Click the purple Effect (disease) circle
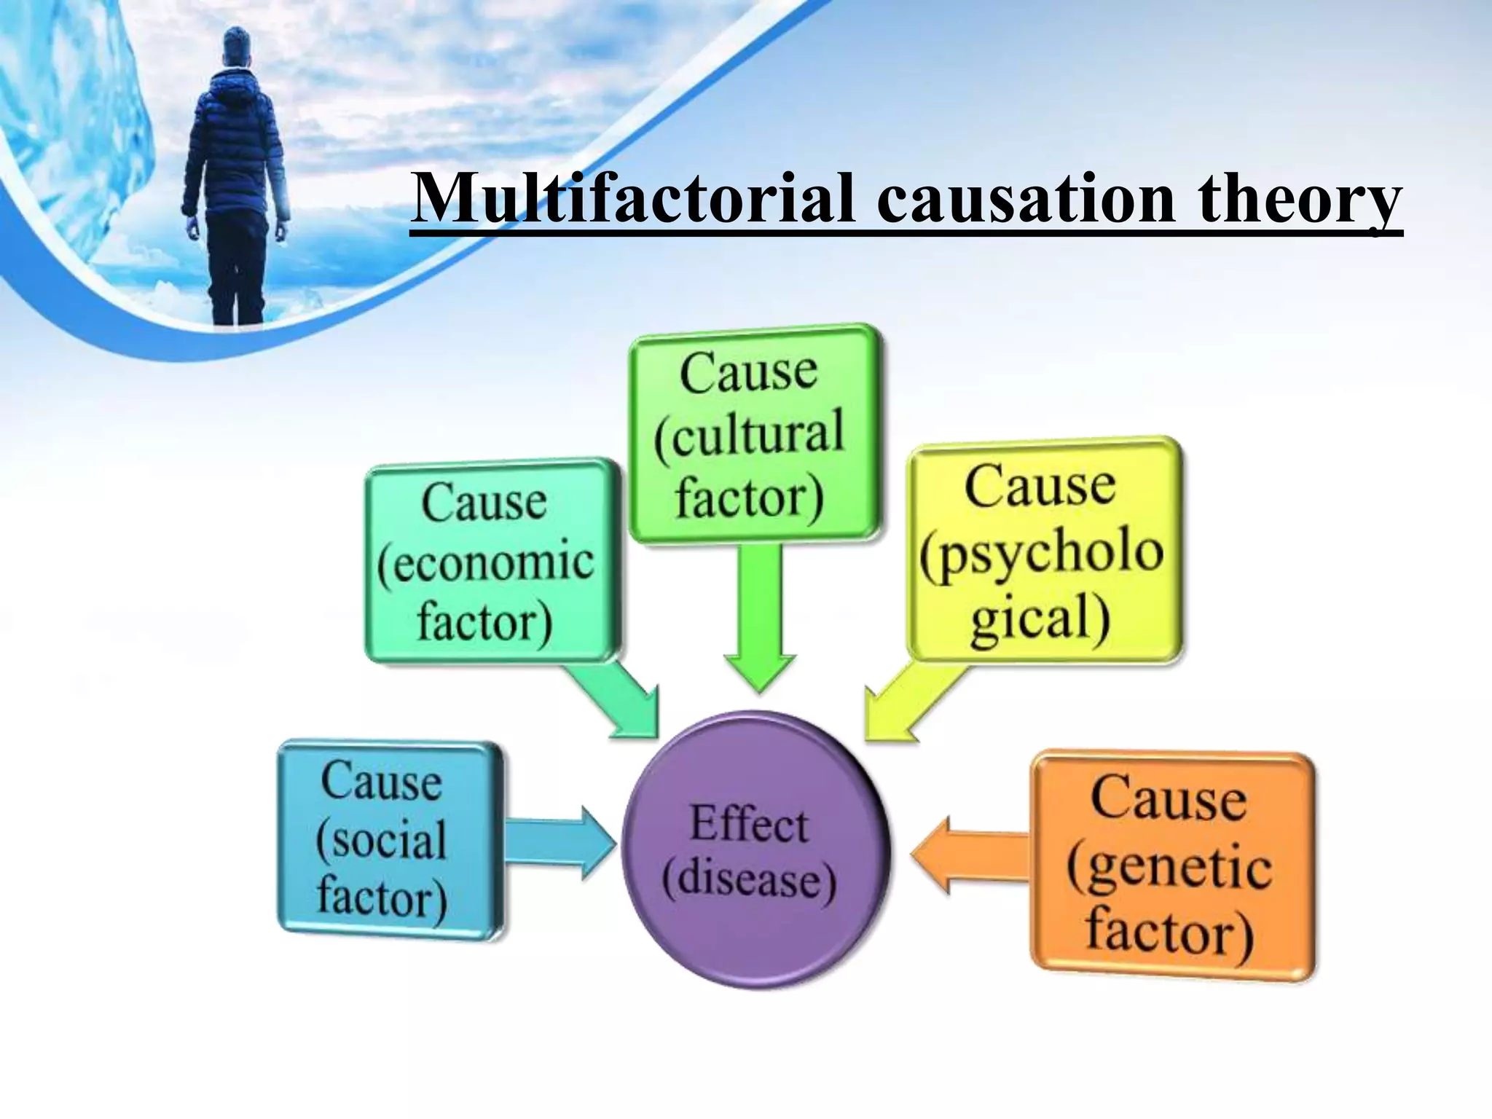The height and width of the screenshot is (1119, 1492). pyautogui.click(x=755, y=849)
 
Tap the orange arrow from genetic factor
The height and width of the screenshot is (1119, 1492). pyautogui.click(x=969, y=853)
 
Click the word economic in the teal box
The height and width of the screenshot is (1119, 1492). pyautogui.click(x=487, y=563)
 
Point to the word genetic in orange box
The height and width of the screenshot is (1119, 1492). pyautogui.click(x=1170, y=868)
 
